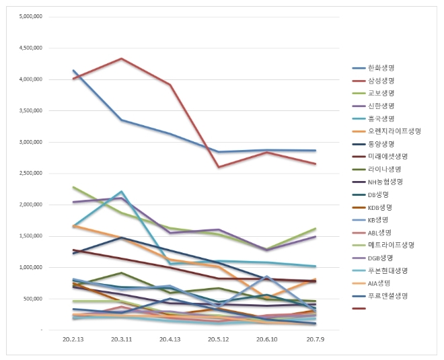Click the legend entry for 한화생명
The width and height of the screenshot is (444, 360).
coord(381,67)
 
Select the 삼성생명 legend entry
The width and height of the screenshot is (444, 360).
coord(381,80)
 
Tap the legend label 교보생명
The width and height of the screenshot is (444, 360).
coord(381,93)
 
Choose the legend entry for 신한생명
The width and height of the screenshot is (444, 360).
coord(381,106)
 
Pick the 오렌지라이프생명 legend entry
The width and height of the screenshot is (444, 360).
coord(390,131)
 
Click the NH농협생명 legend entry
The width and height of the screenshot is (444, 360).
coord(385,182)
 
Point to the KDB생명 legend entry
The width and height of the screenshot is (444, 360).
coord(381,207)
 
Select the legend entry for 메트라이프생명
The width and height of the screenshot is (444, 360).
coord(388,245)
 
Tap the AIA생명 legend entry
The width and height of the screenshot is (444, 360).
coord(380,283)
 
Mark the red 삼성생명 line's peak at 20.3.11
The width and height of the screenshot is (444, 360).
coord(121,59)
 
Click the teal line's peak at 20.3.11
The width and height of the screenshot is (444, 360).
coord(121,192)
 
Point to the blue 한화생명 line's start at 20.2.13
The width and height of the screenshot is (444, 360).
coord(73,70)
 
